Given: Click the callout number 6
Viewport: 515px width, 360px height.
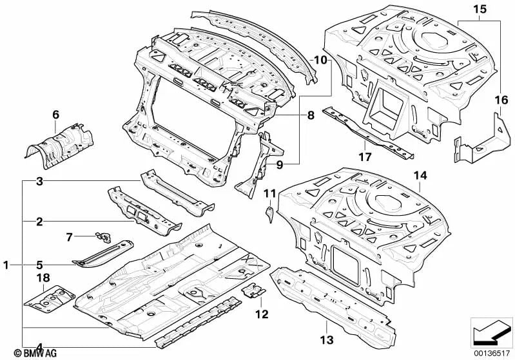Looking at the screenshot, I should pyautogui.click(x=55, y=114).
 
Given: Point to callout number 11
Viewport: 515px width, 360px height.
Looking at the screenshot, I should pyautogui.click(x=269, y=192).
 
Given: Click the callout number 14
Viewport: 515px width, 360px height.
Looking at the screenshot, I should pyautogui.click(x=420, y=175).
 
